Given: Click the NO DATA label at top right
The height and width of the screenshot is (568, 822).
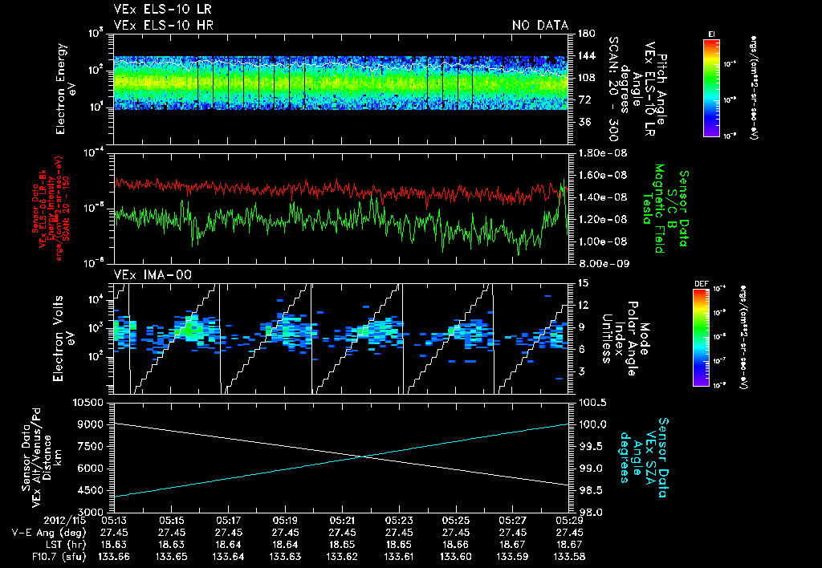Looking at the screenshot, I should pos(539,26).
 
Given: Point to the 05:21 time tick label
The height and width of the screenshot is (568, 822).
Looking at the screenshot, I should pos(342,520).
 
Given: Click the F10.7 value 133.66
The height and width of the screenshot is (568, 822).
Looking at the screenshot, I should pos(115,556).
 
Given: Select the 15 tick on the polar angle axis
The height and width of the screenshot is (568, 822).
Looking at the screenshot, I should pos(581,282).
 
